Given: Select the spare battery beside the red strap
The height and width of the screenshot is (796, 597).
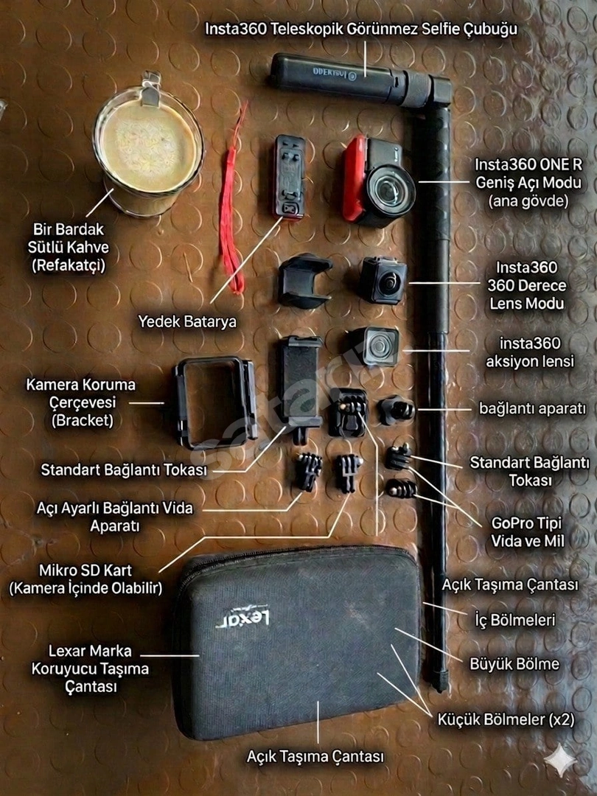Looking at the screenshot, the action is [290, 177].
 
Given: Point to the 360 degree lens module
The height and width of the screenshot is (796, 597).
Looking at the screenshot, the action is [383, 280].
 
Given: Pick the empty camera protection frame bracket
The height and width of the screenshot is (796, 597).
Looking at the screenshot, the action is [216, 402].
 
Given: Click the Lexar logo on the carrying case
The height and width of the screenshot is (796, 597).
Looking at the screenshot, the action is [242, 619].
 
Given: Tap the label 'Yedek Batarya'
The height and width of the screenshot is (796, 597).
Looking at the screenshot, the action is [187, 321].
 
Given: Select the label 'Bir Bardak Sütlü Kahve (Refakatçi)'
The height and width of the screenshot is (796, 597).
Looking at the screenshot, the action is [69, 247].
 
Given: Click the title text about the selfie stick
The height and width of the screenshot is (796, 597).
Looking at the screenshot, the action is [361, 29].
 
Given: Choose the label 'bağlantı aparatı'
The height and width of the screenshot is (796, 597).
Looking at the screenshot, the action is [533, 408].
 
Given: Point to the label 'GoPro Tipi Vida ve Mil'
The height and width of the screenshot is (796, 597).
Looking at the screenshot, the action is [527, 532].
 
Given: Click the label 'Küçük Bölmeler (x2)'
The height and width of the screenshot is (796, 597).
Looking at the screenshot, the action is [506, 719].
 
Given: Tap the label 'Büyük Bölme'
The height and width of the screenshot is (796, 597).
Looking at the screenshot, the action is [514, 664].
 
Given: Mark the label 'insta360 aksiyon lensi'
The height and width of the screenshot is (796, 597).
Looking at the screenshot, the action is [530, 352].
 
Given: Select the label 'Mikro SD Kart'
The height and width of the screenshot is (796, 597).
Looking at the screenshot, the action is [85, 570].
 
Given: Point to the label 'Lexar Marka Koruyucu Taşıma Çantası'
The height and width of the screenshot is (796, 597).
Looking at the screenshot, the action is [90, 668].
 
